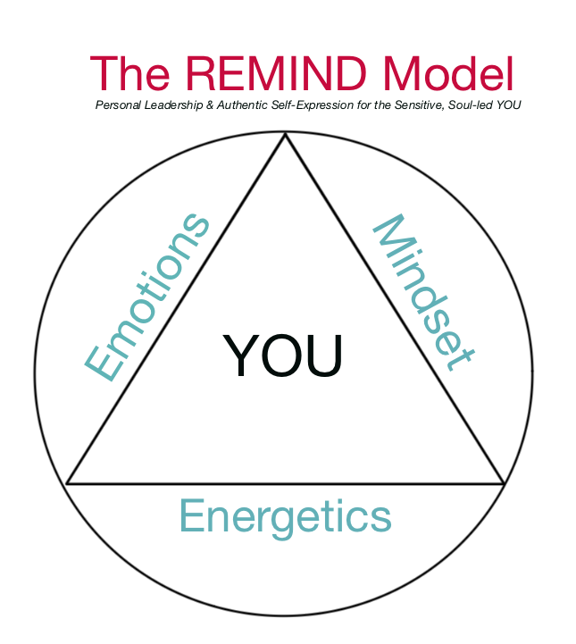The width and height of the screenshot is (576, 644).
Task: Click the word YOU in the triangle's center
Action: tap(283, 355)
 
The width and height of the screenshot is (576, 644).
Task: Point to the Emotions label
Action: tap(148, 297)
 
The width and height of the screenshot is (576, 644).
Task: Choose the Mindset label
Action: tap(421, 292)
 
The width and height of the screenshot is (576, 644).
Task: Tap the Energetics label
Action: tap(286, 516)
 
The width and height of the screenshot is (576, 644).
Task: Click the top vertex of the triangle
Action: tap(286, 134)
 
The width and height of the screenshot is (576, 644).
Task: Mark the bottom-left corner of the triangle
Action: tap(67, 483)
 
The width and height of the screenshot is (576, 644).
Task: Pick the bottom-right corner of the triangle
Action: tap(505, 483)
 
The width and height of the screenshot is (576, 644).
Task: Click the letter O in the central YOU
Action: tap(284, 355)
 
